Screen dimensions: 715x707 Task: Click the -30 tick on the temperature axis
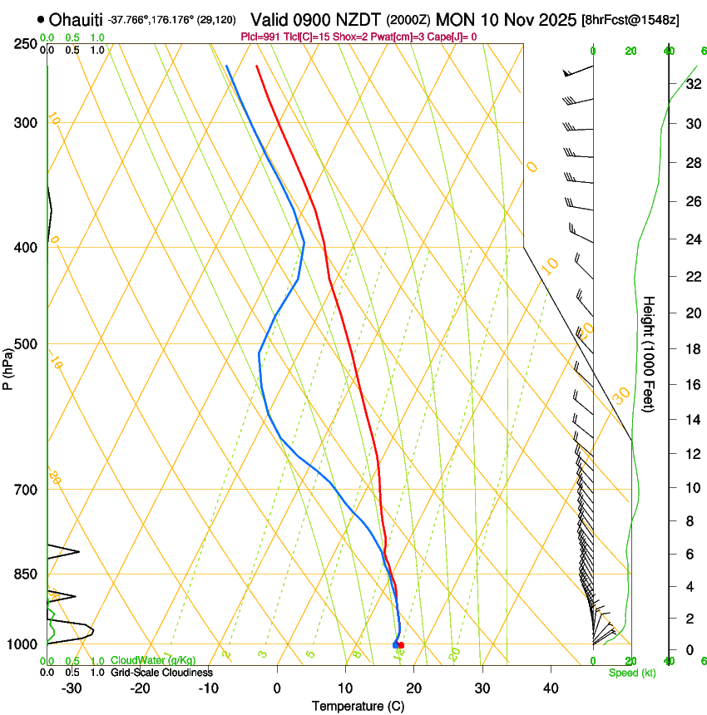72,688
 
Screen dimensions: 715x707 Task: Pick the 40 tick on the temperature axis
550,688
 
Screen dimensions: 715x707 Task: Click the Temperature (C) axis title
358,706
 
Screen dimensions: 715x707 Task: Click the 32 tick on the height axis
693,84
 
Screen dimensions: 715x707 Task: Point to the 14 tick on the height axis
693,420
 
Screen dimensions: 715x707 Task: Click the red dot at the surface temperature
401,645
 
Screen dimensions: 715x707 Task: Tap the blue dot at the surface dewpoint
395,645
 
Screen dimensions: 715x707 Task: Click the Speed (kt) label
631,673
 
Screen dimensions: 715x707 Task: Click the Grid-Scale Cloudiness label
161,672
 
